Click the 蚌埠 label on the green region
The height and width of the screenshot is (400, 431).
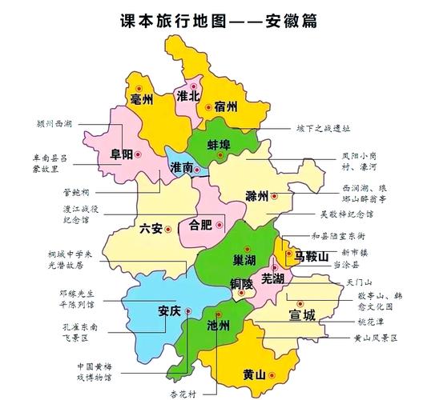219,145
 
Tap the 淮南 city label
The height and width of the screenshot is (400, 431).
182,169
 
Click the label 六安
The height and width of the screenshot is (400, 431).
151,229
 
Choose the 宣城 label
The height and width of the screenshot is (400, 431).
302,314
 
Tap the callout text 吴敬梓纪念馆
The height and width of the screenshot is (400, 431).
346,214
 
